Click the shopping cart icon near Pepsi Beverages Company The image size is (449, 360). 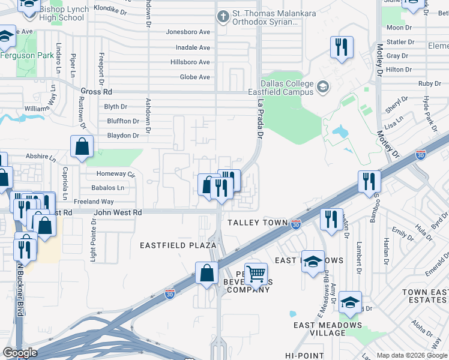pos(256,275)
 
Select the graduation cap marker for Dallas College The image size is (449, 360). pos(324,88)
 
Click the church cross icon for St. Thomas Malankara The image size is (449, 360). pos(223,16)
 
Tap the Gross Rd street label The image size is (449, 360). pos(93,92)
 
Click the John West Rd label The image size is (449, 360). pos(117,212)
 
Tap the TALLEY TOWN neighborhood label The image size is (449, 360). pos(258,223)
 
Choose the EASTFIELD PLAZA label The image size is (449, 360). pos(178,245)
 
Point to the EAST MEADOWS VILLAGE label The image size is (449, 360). pos(328,329)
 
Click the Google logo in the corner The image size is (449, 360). pos(20,353)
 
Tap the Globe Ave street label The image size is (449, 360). pos(195,77)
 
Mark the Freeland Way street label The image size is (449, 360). pos(94,202)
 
